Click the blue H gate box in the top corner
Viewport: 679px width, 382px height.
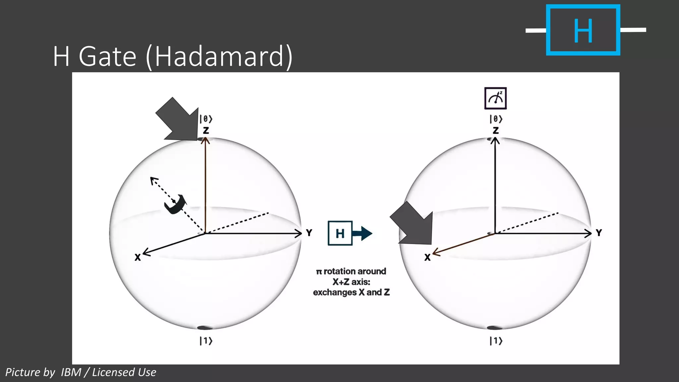click(583, 30)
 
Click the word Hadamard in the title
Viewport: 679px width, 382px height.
click(219, 56)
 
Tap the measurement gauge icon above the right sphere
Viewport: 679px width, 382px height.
click(495, 98)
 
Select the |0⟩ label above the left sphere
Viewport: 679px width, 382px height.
click(206, 119)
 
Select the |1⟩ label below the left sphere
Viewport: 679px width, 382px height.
click(206, 341)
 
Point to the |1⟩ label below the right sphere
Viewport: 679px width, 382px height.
click(496, 341)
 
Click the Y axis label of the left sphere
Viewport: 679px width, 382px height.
click(309, 233)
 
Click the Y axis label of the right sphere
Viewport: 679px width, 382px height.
click(599, 233)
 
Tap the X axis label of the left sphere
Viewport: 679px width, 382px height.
click(138, 257)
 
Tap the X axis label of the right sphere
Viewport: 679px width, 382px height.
click(427, 257)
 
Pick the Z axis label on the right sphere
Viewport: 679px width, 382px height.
click(496, 130)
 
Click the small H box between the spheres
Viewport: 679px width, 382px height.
click(340, 233)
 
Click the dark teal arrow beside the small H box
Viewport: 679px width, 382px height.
click(363, 233)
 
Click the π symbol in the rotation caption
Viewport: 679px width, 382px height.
click(319, 272)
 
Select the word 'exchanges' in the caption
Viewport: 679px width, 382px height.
click(335, 292)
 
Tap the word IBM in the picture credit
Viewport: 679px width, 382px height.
click(71, 372)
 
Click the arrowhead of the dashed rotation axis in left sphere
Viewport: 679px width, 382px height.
click(154, 180)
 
